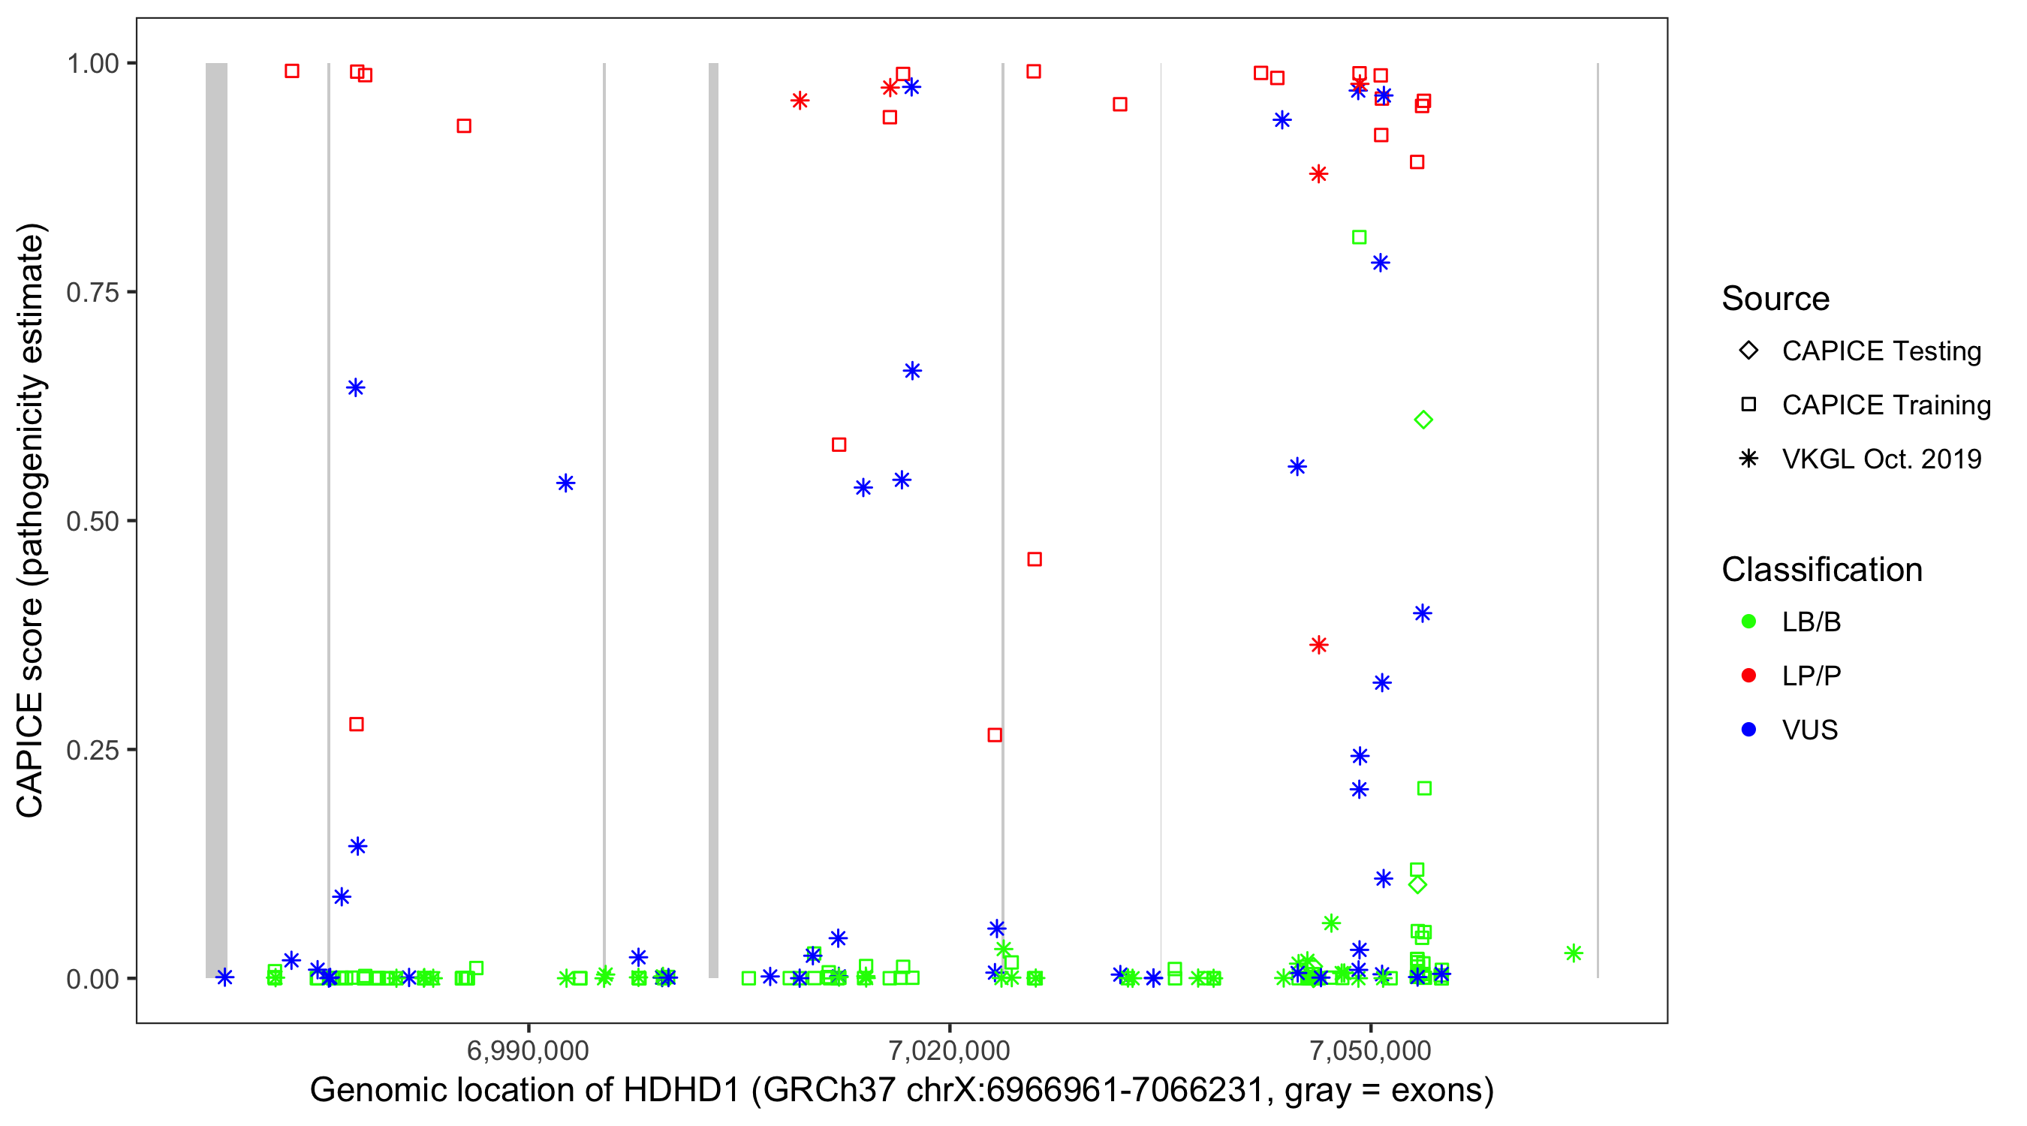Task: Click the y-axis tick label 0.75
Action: pyautogui.click(x=92, y=292)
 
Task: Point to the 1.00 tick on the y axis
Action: pyautogui.click(x=92, y=63)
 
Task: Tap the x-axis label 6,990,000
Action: pyautogui.click(x=527, y=1050)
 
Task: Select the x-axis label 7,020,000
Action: pyautogui.click(x=949, y=1050)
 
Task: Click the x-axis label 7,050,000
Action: pyautogui.click(x=1371, y=1050)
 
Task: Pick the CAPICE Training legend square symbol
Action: pyautogui.click(x=1748, y=405)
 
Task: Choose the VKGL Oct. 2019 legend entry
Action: pyautogui.click(x=1881, y=459)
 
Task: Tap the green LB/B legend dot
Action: pyautogui.click(x=1748, y=622)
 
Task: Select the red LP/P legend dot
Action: pyautogui.click(x=1748, y=676)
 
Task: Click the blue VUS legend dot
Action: pyautogui.click(x=1748, y=730)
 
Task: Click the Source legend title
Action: pyautogui.click(x=1776, y=299)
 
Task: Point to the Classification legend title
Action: pyautogui.click(x=1821, y=570)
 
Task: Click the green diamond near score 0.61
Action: pyautogui.click(x=1423, y=420)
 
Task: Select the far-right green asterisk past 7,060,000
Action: pyautogui.click(x=1573, y=953)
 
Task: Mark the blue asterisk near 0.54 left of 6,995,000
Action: pyautogui.click(x=566, y=483)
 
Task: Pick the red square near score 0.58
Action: pyautogui.click(x=839, y=444)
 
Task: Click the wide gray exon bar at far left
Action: pyautogui.click(x=216, y=519)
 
